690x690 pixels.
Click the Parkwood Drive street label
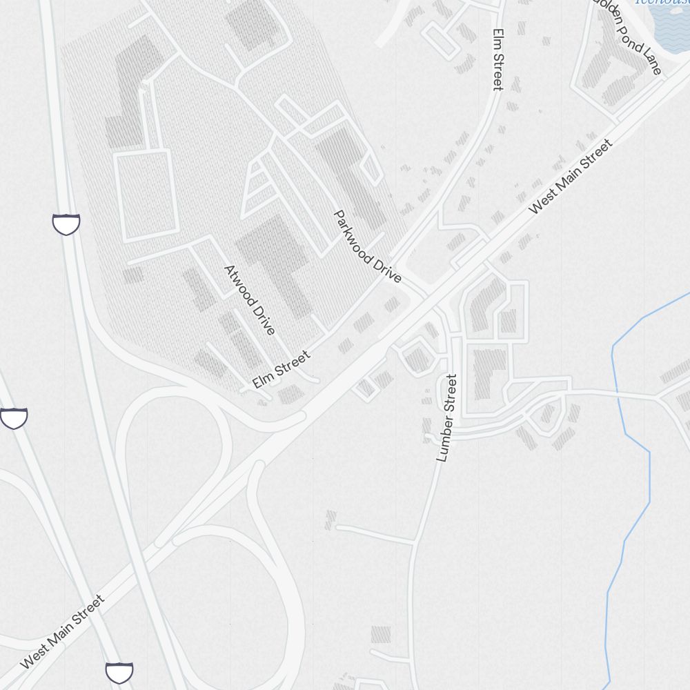[x=367, y=246]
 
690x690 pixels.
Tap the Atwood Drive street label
[x=250, y=299]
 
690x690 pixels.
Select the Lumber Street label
[x=446, y=417]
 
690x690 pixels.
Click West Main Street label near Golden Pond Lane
[x=571, y=177]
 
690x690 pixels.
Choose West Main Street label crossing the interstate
[x=63, y=631]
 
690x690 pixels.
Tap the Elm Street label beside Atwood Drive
[x=281, y=369]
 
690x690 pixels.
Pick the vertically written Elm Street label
[x=497, y=59]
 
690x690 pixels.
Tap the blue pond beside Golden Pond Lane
[x=671, y=28]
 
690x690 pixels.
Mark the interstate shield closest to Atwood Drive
[x=66, y=224]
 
